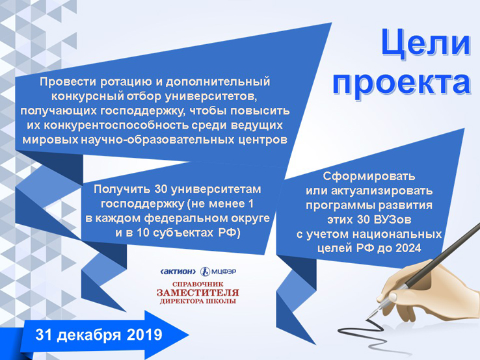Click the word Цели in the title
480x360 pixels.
tap(426, 43)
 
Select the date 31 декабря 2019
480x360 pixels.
tap(99, 335)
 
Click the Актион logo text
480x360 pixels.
tap(178, 272)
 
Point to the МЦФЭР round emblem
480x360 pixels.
tap(205, 272)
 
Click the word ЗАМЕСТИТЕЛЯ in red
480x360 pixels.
tap(198, 292)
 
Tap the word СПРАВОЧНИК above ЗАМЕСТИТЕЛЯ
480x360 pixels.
tap(198, 284)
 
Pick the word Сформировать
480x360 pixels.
tap(369, 177)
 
